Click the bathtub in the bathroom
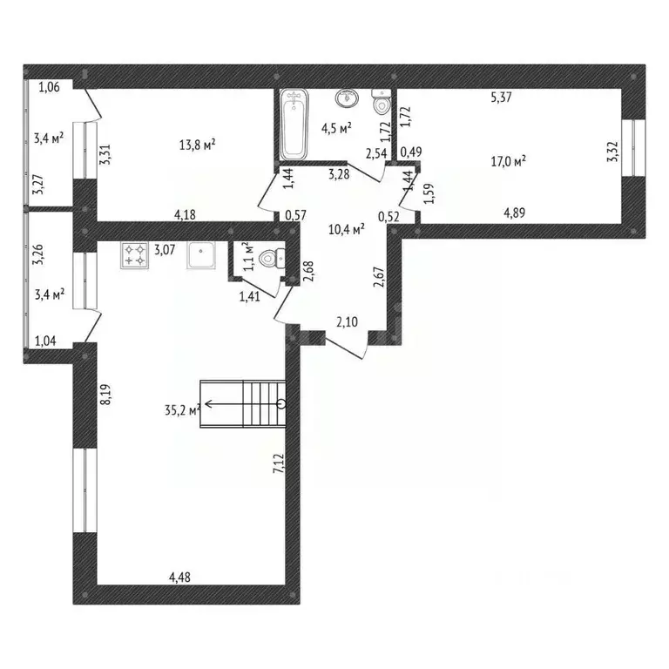point(293,127)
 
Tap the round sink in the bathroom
point(350,98)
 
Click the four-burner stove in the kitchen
point(135,254)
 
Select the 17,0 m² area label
point(510,159)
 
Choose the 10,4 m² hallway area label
point(346,229)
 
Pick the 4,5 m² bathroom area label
point(336,127)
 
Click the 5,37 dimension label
point(500,98)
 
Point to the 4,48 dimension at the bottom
point(180,576)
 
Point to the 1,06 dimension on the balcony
point(51,86)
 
